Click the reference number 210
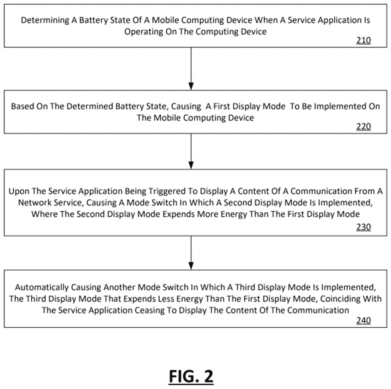pyautogui.click(x=363, y=41)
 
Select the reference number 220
pyautogui.click(x=363, y=127)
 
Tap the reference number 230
pyautogui.click(x=363, y=228)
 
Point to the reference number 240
pyautogui.click(x=363, y=321)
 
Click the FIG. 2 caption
pyautogui.click(x=191, y=376)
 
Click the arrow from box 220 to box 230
pyautogui.click(x=191, y=151)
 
